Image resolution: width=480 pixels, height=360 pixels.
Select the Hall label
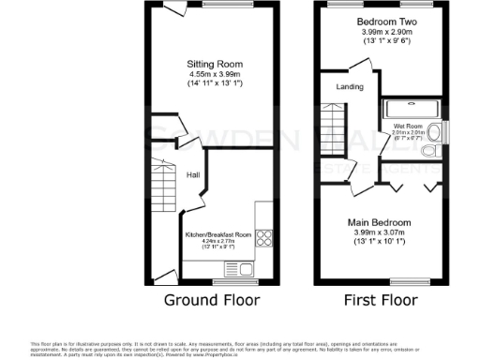tap(192, 175)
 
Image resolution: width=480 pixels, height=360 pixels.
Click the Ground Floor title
tap(213, 300)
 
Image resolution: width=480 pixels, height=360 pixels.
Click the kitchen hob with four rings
tap(264, 239)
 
